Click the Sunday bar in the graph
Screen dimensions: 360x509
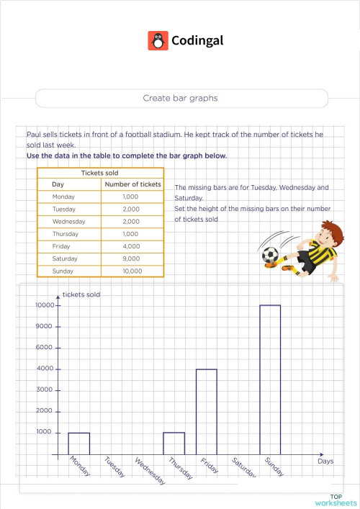tap(270, 379)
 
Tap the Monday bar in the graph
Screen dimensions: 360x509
tap(79, 443)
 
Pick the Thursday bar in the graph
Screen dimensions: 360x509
tap(174, 443)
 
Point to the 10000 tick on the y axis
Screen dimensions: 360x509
tap(45, 305)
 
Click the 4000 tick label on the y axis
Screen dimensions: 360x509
tap(45, 369)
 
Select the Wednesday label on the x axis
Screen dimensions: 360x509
tap(150, 472)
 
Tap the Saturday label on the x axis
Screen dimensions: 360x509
tap(242, 468)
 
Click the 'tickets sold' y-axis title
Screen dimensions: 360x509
tap(81, 294)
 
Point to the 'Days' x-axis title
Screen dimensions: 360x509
tap(325, 461)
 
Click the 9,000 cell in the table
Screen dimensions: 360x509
tap(132, 258)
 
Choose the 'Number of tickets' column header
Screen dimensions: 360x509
tap(132, 184)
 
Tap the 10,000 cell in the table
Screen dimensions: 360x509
tap(132, 271)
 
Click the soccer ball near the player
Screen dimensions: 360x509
tap(269, 254)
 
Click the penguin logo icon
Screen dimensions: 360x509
tap(158, 40)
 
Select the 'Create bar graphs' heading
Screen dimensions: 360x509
tap(180, 98)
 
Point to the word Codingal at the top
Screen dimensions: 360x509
tap(197, 40)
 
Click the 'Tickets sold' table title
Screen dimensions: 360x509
tap(100, 173)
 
